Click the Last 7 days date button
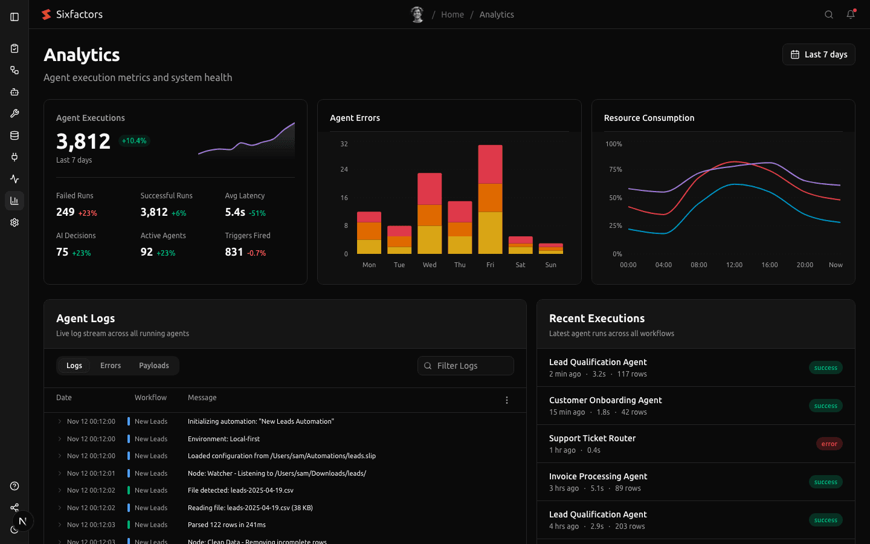coord(819,54)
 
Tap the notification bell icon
coord(851,15)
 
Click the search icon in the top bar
coord(829,15)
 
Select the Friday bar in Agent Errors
coord(490,199)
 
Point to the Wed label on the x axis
coord(430,265)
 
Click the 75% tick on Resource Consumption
coord(615,169)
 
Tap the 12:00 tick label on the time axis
coord(734,265)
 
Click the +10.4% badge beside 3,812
coord(134,141)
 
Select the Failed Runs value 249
coord(65,212)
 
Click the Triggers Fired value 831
coord(234,252)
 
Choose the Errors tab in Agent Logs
coord(111,366)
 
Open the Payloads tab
coord(154,366)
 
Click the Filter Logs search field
coord(466,366)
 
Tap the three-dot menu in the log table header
coord(507,400)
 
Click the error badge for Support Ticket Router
coord(829,444)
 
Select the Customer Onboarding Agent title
coord(605,400)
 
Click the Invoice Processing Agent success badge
coord(825,482)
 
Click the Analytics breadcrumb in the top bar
coord(497,15)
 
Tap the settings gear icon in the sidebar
coord(14,222)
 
